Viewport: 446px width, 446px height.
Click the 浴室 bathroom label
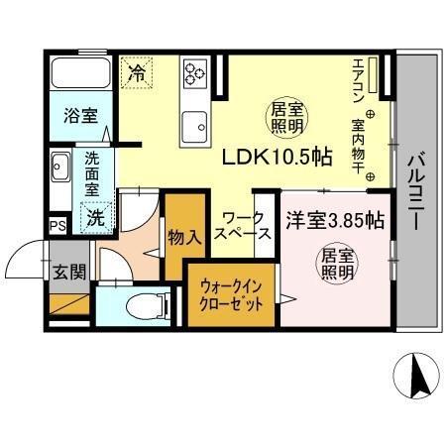pos(81,115)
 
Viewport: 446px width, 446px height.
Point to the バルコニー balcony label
pos(417,188)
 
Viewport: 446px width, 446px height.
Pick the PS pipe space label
pos(59,225)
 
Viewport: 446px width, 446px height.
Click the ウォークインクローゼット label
pos(231,294)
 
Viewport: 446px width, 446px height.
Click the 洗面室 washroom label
pos(92,174)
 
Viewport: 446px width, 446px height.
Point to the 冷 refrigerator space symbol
pos(138,71)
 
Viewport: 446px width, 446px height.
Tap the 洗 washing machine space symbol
pos(95,218)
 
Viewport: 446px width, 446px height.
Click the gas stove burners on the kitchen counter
pos(193,71)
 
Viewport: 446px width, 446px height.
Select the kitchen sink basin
pos(193,126)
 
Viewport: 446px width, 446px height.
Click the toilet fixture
pos(138,305)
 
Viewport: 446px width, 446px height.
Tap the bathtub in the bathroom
pos(81,74)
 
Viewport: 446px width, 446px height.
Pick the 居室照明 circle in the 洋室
pos(335,266)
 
